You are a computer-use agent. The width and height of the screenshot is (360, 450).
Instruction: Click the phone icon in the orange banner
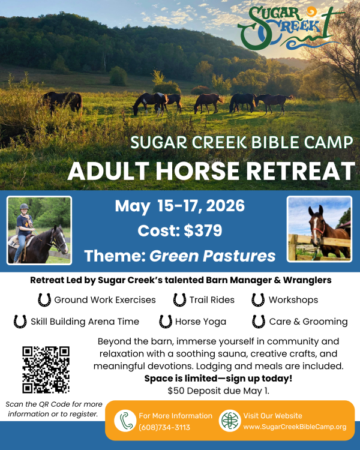[x=125, y=421]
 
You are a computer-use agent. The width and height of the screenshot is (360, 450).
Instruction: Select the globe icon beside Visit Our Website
[x=230, y=421]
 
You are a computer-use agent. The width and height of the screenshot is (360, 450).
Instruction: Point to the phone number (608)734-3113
[x=164, y=427]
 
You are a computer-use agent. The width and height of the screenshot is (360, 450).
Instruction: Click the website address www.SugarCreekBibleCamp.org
[x=295, y=427]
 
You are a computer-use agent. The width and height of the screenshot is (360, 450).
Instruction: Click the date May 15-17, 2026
[x=179, y=206]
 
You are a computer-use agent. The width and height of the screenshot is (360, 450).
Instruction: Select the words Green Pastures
[x=212, y=256]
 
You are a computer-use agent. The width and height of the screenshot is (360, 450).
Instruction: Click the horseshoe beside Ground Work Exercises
[x=44, y=299]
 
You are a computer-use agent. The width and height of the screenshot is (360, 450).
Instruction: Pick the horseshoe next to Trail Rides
[x=179, y=299]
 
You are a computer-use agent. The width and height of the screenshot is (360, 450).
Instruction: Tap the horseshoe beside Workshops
[x=258, y=299]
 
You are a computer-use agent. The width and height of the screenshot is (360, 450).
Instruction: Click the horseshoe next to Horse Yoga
[x=166, y=322]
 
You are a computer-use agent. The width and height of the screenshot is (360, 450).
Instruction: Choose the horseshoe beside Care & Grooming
[x=259, y=322]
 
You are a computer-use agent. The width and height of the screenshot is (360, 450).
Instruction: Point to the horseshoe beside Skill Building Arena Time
[x=20, y=322]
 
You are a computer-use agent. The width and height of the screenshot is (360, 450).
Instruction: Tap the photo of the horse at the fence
[x=319, y=229]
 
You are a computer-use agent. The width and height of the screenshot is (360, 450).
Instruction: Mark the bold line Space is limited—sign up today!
[x=218, y=379]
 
